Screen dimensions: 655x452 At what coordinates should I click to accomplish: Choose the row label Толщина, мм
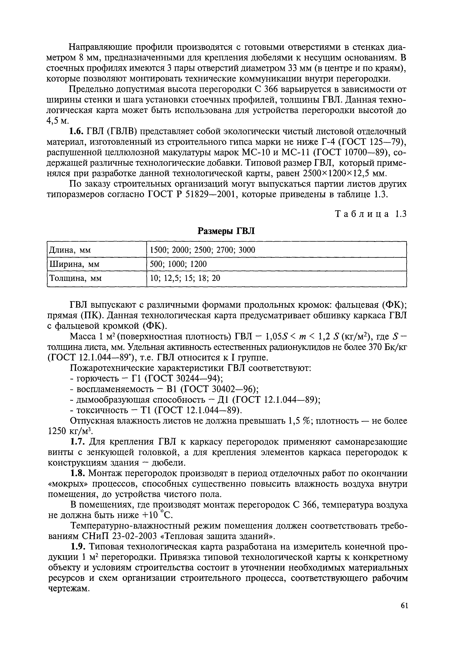(x=75, y=279)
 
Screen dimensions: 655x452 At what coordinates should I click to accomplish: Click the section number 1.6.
(x=76, y=131)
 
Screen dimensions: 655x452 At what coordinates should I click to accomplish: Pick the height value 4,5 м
(x=58, y=121)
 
